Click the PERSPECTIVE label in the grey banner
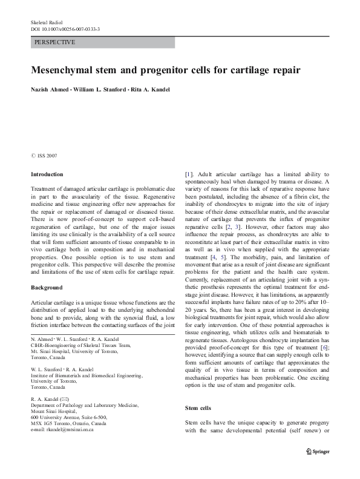(x=55, y=42)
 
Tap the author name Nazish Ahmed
(x=50, y=90)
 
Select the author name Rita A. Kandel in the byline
(x=148, y=90)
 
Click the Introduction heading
(x=46, y=174)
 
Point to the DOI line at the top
(x=65, y=28)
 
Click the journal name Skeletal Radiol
(x=47, y=21)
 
